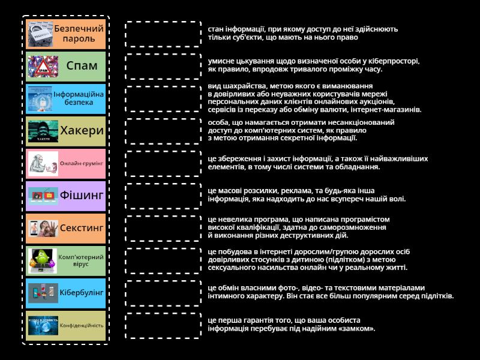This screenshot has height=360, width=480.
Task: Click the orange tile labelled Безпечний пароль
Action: tap(67, 34)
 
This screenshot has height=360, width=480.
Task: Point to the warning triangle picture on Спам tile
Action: tap(43, 66)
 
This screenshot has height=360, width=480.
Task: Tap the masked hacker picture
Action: tap(43, 131)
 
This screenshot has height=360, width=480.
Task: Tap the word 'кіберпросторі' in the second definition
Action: tap(392, 61)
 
